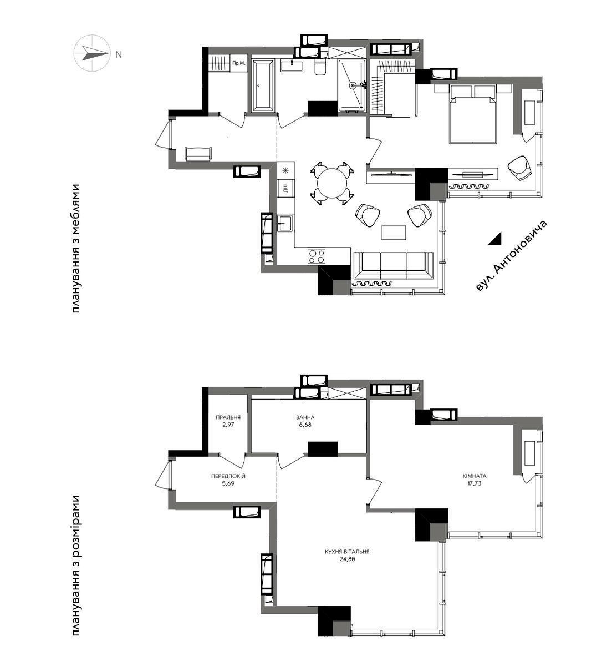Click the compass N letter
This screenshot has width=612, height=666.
point(119,54)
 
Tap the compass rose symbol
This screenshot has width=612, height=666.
point(91,54)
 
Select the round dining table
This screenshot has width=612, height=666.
point(332,183)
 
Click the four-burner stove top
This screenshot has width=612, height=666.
point(317,256)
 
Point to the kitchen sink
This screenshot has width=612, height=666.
point(285,224)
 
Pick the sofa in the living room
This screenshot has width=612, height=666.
point(394,265)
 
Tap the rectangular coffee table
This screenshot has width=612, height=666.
point(394,232)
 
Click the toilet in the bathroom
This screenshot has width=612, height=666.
point(320,68)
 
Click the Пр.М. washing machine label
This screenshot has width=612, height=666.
point(239,63)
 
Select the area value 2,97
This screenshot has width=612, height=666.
point(228,426)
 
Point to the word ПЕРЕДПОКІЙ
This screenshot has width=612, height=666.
point(228,476)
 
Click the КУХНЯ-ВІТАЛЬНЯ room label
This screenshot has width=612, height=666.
point(348,552)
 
